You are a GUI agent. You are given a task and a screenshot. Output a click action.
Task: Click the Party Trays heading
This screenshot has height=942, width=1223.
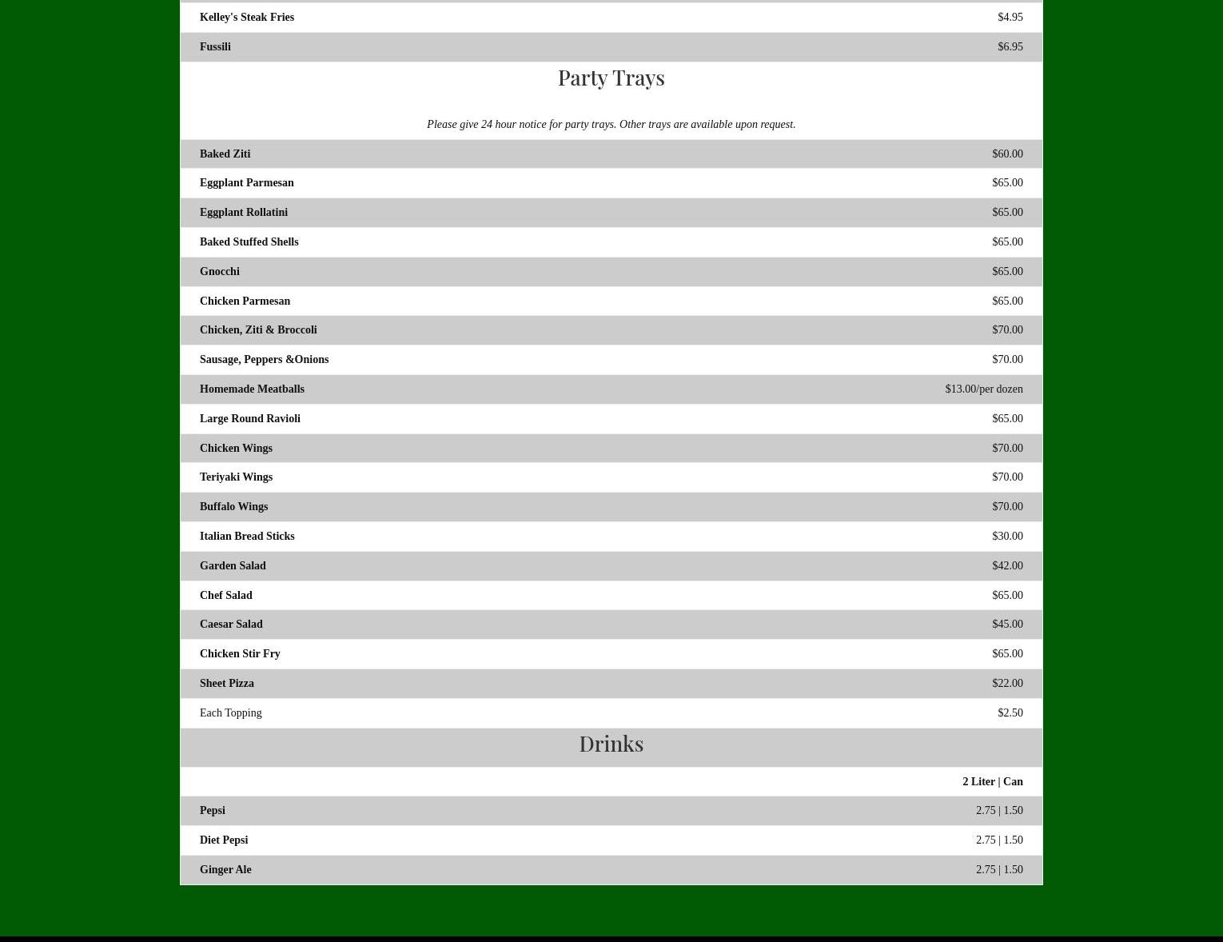point(611,78)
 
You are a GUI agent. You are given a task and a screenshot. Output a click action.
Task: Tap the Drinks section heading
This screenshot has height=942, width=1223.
point(611,744)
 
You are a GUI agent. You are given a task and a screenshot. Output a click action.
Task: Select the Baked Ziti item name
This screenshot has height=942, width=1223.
point(225,154)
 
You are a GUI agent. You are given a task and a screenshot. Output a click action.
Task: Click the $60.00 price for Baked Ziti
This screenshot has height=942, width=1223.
point(1006,154)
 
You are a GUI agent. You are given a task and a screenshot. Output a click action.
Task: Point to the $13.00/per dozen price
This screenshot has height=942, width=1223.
point(983,389)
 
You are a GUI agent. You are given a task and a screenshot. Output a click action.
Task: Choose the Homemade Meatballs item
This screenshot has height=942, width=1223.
point(252,389)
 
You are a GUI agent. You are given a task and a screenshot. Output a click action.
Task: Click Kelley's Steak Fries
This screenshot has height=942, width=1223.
point(246,17)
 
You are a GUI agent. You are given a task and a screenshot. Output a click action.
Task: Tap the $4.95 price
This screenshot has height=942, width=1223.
point(1010,17)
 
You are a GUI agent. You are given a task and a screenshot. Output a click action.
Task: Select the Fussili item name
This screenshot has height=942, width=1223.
point(215,46)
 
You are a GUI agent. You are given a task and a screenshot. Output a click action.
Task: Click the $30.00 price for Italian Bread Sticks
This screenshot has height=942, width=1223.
point(1006,536)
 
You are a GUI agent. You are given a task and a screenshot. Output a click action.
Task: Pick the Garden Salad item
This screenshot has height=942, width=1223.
point(233,565)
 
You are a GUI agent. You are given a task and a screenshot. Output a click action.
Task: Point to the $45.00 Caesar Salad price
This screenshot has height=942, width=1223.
point(1006,624)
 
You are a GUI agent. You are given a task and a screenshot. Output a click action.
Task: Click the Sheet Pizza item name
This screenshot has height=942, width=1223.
point(226,683)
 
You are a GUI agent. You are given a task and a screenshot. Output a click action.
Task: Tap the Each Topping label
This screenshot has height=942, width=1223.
point(230,712)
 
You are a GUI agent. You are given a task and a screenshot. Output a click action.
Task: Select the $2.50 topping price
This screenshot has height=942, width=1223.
point(1010,712)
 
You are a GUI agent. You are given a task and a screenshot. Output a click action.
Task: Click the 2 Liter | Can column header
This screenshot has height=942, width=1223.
point(992,781)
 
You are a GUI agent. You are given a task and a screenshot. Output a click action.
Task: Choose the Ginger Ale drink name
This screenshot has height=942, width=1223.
point(225,869)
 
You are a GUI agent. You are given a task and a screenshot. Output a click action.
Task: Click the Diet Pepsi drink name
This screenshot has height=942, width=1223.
point(224,840)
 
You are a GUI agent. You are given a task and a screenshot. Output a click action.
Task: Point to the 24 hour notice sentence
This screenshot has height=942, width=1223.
point(611,124)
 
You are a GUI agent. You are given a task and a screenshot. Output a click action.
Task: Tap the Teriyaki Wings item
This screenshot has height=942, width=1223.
point(236,477)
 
